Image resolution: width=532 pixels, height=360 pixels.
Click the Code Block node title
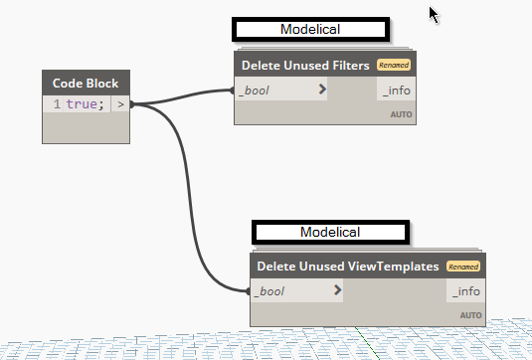pyautogui.click(x=87, y=83)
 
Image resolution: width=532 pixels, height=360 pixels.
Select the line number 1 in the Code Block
pyautogui.click(x=57, y=103)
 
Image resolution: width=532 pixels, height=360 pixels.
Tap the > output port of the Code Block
pyautogui.click(x=120, y=103)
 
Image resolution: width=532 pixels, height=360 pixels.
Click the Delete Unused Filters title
pyautogui.click(x=305, y=66)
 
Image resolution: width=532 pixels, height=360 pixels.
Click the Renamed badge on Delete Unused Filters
pyautogui.click(x=393, y=66)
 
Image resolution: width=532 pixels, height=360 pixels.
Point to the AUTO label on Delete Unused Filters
pyautogui.click(x=401, y=114)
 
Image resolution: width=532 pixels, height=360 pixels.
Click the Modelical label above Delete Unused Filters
pyautogui.click(x=308, y=29)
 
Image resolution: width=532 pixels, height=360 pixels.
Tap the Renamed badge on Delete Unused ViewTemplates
pyautogui.click(x=462, y=267)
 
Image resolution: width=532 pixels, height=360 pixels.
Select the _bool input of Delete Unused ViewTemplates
pyautogui.click(x=271, y=291)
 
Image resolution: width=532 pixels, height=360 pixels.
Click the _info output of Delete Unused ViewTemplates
pyautogui.click(x=466, y=291)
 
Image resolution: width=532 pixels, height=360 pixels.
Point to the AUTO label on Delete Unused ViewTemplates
pyautogui.click(x=470, y=315)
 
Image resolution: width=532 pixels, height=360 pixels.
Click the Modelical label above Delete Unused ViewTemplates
pyautogui.click(x=329, y=232)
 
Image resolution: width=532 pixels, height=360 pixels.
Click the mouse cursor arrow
pyautogui.click(x=434, y=14)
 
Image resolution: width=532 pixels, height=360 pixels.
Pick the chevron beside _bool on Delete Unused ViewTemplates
pyautogui.click(x=338, y=291)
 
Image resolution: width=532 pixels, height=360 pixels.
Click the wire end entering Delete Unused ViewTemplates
pyautogui.click(x=250, y=291)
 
